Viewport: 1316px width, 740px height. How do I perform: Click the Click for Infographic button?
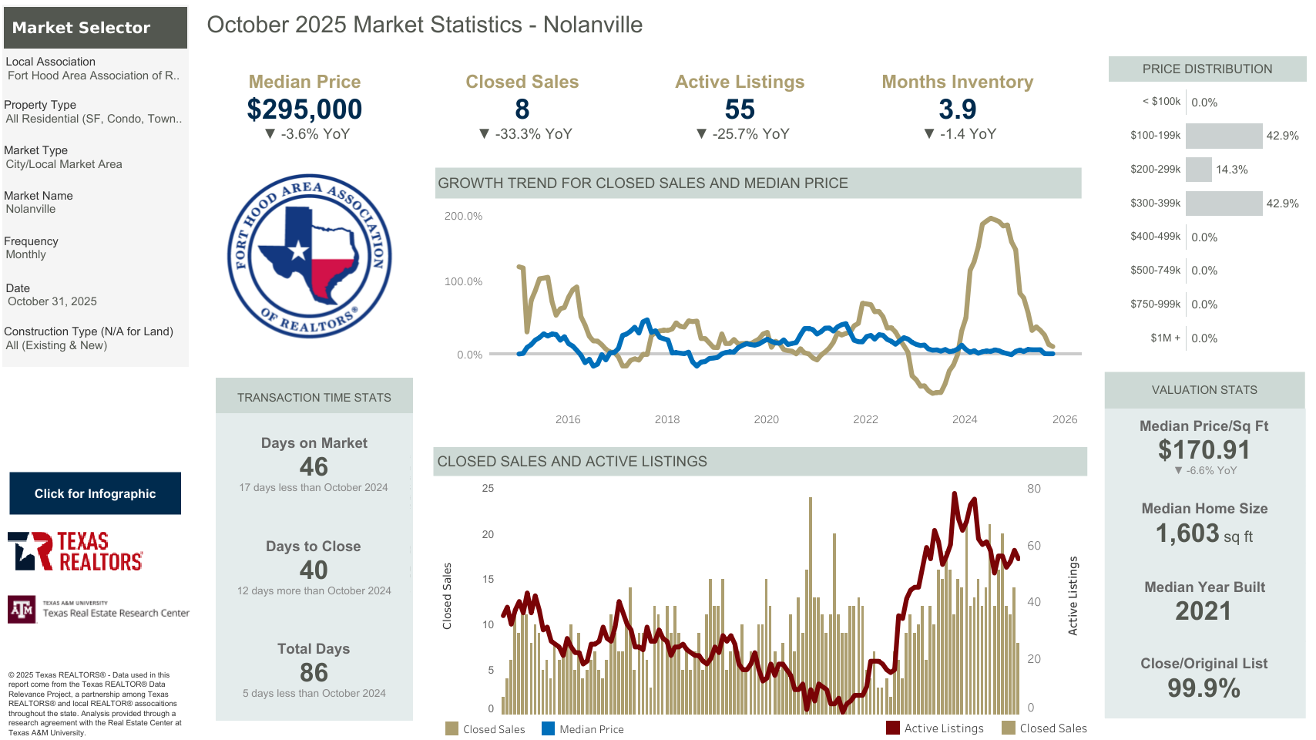tap(95, 493)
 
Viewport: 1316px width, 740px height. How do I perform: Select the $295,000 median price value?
tap(304, 109)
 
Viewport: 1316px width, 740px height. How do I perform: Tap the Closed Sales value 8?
tap(522, 109)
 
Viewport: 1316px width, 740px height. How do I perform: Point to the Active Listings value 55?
tap(740, 109)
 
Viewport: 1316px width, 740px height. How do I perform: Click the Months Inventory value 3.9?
tap(957, 109)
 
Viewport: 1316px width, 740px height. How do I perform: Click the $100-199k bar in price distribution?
tap(1224, 136)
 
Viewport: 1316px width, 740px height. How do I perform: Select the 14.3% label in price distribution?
tap(1231, 170)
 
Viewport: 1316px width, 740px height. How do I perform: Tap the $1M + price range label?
tap(1165, 338)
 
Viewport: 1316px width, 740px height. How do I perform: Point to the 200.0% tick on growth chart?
tap(463, 216)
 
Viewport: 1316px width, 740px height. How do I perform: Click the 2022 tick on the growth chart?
tap(865, 419)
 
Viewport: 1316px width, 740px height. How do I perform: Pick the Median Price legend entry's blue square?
tap(548, 728)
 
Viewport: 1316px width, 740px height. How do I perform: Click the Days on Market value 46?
tap(314, 466)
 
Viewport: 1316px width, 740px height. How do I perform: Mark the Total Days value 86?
tap(314, 672)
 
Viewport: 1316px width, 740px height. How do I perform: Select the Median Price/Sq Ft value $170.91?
tap(1204, 449)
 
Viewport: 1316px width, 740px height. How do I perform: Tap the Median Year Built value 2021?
tap(1204, 610)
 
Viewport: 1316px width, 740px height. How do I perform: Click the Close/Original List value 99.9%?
tap(1204, 688)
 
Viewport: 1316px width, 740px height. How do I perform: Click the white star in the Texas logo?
tap(298, 250)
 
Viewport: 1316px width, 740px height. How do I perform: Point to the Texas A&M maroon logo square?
tap(22, 609)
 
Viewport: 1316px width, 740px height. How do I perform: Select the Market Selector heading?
tap(81, 28)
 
